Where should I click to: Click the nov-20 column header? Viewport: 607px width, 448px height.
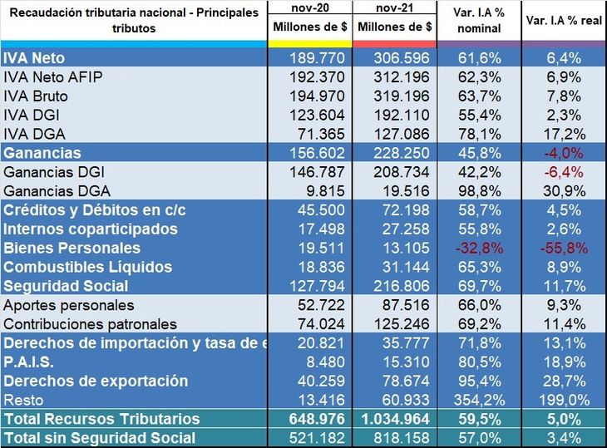[x=309, y=7]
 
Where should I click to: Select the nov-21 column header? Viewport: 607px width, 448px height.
[x=394, y=7]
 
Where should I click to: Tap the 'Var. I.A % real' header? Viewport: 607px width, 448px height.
[x=563, y=21]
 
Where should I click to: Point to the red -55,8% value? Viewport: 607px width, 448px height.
[x=564, y=248]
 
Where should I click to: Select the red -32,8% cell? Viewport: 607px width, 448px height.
[x=479, y=248]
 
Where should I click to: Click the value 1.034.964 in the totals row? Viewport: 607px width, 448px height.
[x=394, y=419]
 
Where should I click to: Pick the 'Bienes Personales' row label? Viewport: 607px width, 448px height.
[x=72, y=248]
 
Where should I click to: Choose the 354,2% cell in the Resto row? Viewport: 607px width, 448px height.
[x=479, y=400]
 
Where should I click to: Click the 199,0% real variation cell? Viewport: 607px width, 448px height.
[x=564, y=400]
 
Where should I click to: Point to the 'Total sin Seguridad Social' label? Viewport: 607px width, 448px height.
[x=100, y=438]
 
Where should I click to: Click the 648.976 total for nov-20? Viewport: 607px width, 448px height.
[x=309, y=419]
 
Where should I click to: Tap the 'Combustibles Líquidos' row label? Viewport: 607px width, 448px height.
[x=87, y=267]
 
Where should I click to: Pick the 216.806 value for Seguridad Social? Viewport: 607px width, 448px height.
[x=394, y=286]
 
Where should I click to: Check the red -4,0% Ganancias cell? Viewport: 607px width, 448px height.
[x=564, y=153]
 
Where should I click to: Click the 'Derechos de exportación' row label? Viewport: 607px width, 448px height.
[x=96, y=381]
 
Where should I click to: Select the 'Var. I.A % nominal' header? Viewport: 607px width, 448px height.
[x=479, y=21]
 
